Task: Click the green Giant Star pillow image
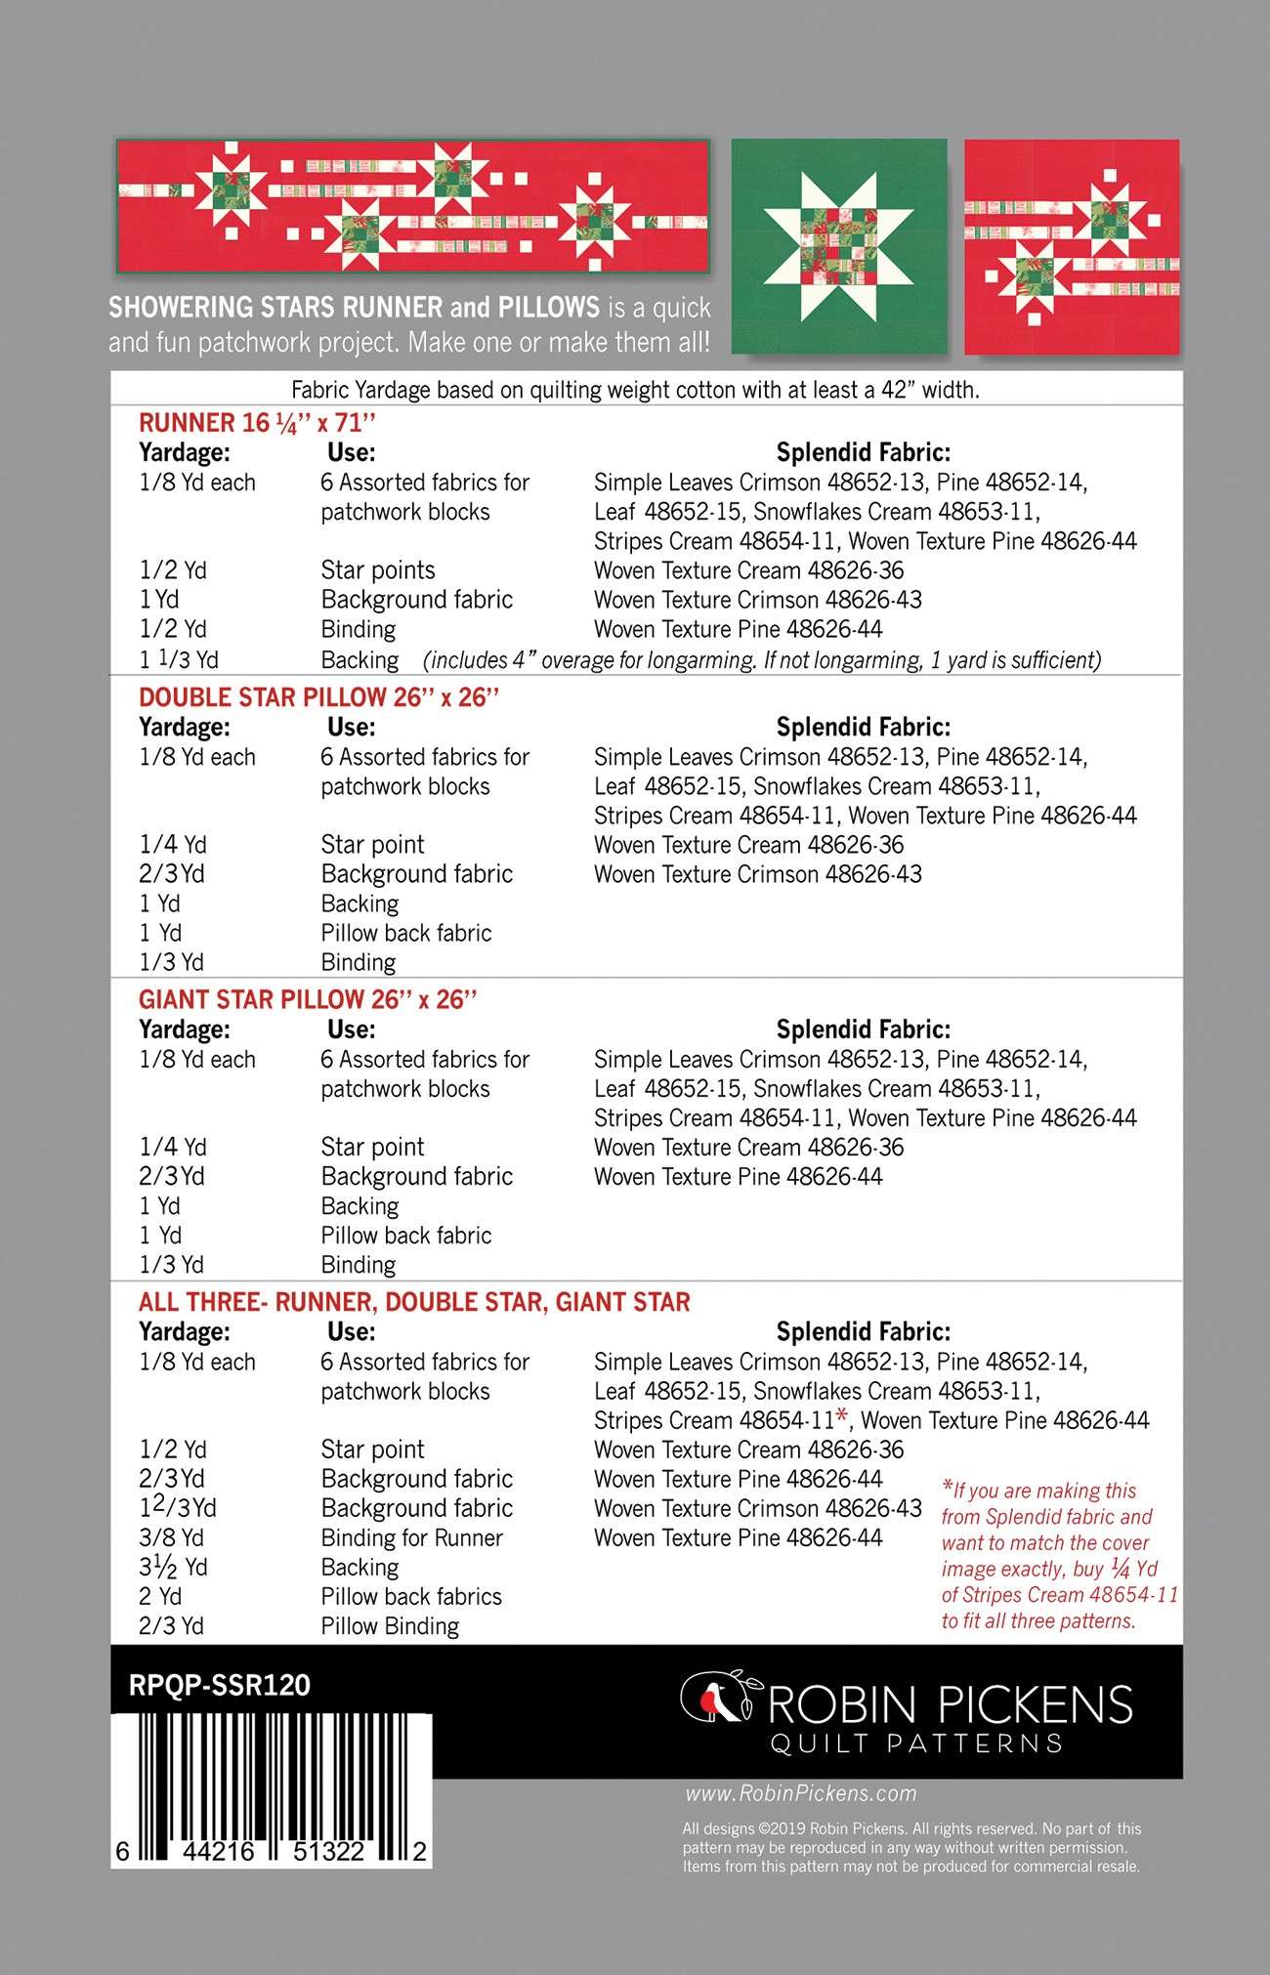839,246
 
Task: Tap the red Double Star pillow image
1072,246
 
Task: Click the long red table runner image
413,205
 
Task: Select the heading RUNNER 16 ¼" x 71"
257,423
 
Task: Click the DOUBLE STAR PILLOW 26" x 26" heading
318,697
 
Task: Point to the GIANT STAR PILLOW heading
308,1000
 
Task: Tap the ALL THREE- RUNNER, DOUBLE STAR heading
414,1302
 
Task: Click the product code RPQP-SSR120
219,1685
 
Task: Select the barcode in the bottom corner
272,1790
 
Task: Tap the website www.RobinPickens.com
801,1793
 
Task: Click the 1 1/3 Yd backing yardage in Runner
179,660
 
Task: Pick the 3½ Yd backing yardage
173,1568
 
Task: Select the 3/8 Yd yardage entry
171,1538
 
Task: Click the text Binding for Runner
411,1538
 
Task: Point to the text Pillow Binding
390,1626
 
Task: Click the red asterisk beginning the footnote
948,1488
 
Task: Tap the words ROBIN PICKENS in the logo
951,1704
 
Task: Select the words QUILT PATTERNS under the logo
915,1744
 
